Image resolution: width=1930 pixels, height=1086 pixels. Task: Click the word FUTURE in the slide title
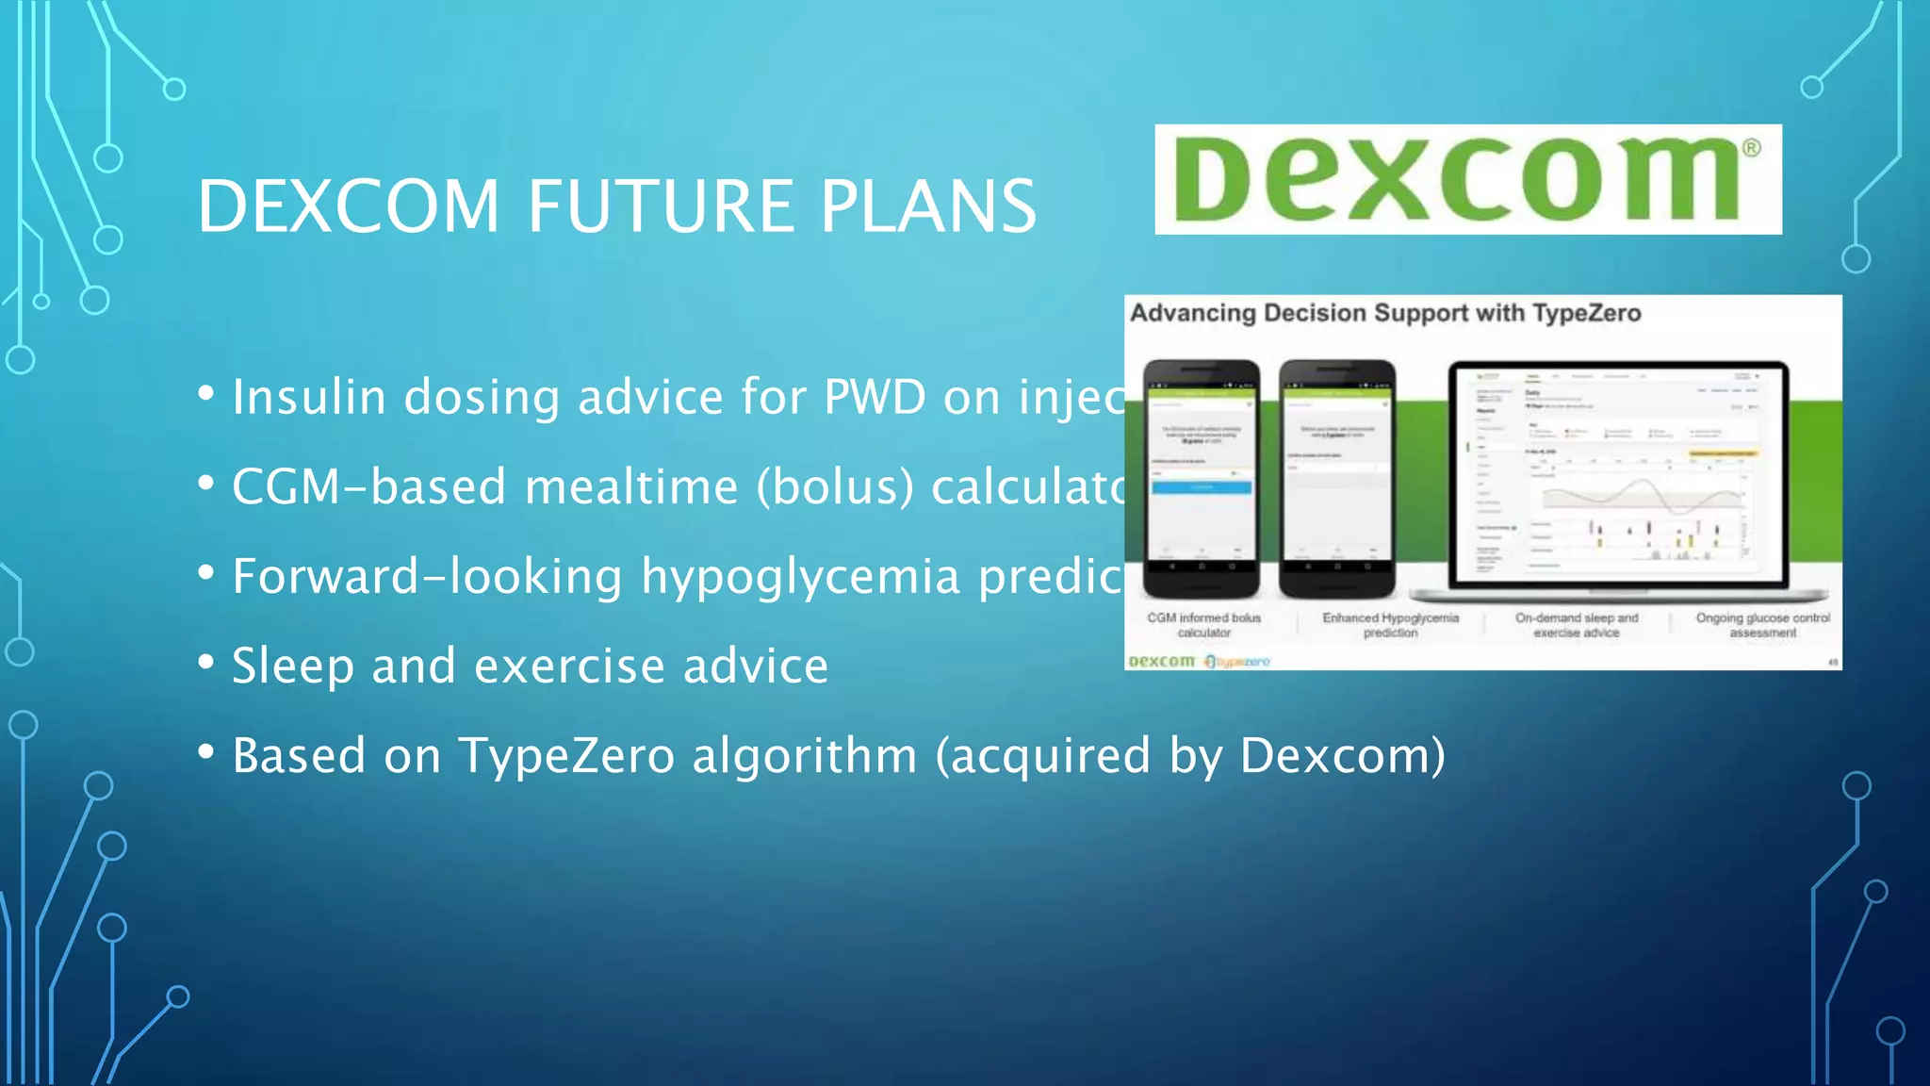coord(659,206)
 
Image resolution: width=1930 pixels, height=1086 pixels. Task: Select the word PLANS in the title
coord(928,206)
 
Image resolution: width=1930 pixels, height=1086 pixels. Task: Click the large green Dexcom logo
coord(1466,179)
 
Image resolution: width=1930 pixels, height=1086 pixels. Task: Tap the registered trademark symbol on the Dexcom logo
coord(1751,148)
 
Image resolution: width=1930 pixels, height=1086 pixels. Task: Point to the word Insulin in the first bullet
coord(309,396)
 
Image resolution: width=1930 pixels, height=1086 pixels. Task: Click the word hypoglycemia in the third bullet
coord(800,576)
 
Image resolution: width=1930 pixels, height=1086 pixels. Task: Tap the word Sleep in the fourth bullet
coord(292,666)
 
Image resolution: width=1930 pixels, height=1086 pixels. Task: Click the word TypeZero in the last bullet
coord(566,755)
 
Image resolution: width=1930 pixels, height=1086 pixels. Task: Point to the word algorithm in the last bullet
coord(804,755)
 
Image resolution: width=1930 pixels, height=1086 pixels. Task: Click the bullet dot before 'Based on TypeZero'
coord(206,752)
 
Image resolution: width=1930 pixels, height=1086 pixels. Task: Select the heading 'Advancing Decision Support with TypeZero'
coord(1385,313)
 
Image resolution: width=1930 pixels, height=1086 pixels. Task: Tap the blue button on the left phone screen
coord(1202,487)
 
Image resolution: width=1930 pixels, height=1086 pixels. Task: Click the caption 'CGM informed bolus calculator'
coord(1203,625)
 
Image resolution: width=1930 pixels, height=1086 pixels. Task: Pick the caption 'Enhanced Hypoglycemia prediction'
coord(1390,625)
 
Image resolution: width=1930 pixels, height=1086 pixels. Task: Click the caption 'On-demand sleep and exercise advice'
coord(1577,625)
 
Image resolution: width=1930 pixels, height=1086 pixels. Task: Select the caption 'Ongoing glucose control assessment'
coord(1762,625)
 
